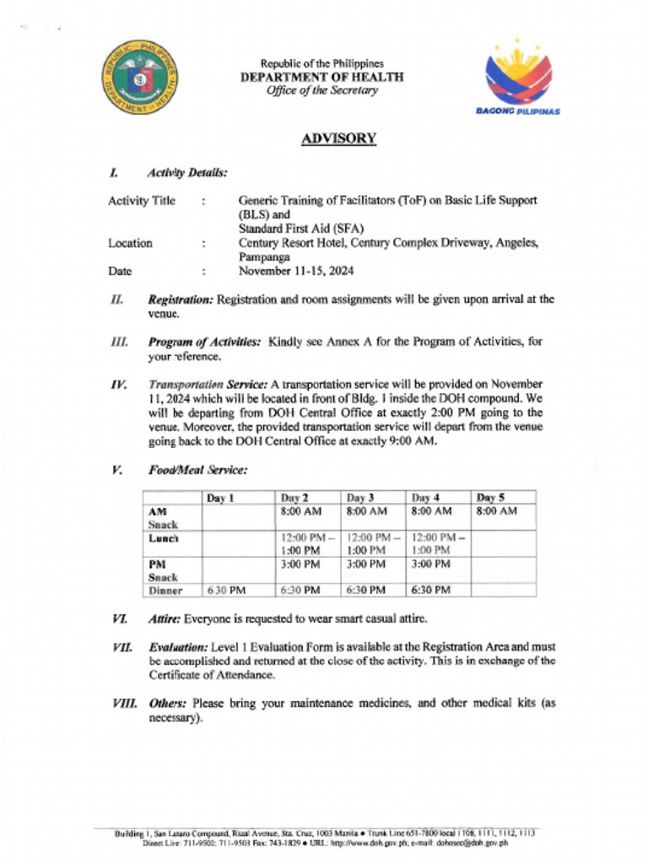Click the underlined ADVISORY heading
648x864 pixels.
tap(337, 138)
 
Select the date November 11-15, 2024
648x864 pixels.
tap(296, 272)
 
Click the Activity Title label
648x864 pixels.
tap(142, 201)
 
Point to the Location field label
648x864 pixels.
tap(130, 243)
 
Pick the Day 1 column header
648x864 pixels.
tap(219, 498)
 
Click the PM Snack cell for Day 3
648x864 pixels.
tap(366, 564)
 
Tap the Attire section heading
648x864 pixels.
tap(165, 618)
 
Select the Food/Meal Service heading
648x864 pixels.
tap(197, 470)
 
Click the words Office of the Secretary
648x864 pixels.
tap(321, 91)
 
